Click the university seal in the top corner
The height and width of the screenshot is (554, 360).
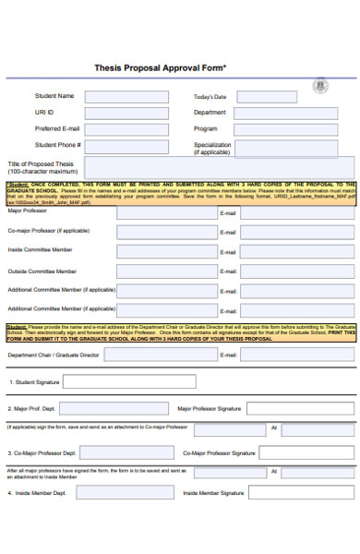[320, 87]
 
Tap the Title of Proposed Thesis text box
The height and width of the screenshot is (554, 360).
[220, 166]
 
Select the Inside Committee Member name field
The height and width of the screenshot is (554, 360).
[166, 250]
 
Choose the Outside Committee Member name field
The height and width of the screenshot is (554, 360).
[166, 271]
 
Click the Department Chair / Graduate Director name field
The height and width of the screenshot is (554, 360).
[166, 355]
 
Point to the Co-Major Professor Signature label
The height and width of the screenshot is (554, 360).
[219, 453]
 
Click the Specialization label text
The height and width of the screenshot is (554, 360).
[211, 145]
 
